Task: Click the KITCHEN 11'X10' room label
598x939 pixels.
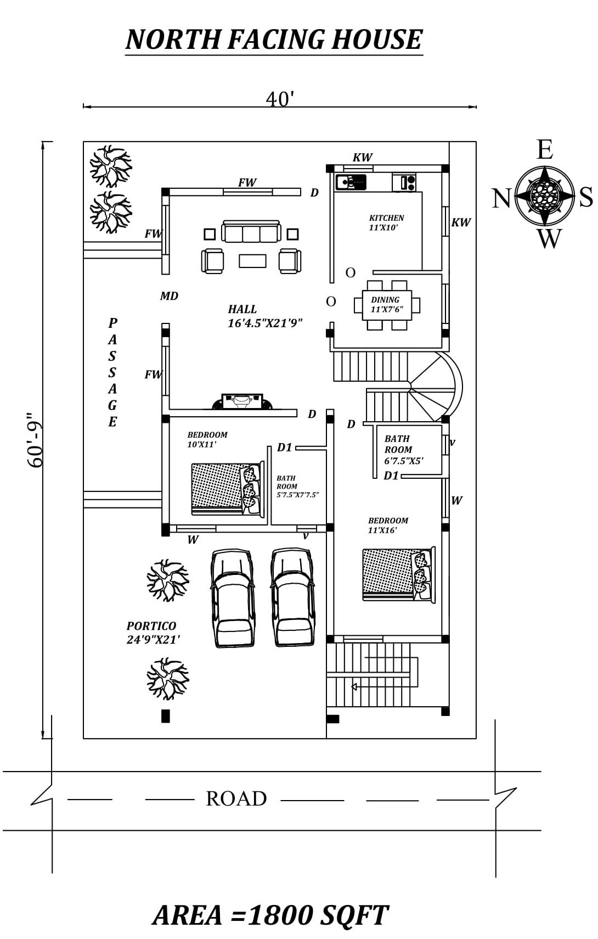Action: click(x=386, y=222)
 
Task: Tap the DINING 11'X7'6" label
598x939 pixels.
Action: click(x=387, y=305)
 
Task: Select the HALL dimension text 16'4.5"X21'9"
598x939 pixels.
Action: click(x=264, y=323)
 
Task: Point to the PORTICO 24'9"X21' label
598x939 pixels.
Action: click(x=153, y=633)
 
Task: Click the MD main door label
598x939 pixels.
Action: click(x=169, y=297)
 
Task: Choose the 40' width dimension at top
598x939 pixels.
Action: click(x=280, y=99)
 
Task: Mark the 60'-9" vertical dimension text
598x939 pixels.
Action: click(x=35, y=441)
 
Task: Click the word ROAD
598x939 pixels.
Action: click(x=236, y=798)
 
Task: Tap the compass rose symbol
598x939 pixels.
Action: click(x=544, y=195)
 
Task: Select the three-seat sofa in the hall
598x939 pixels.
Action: click(x=251, y=231)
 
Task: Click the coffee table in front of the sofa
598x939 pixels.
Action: click(x=252, y=261)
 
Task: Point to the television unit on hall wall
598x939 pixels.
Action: click(x=242, y=401)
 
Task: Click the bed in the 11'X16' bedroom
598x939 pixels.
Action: click(x=399, y=575)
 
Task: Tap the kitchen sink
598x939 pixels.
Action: click(x=351, y=182)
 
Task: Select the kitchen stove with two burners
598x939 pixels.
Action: click(x=404, y=182)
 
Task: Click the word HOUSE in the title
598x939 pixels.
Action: click(x=378, y=40)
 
